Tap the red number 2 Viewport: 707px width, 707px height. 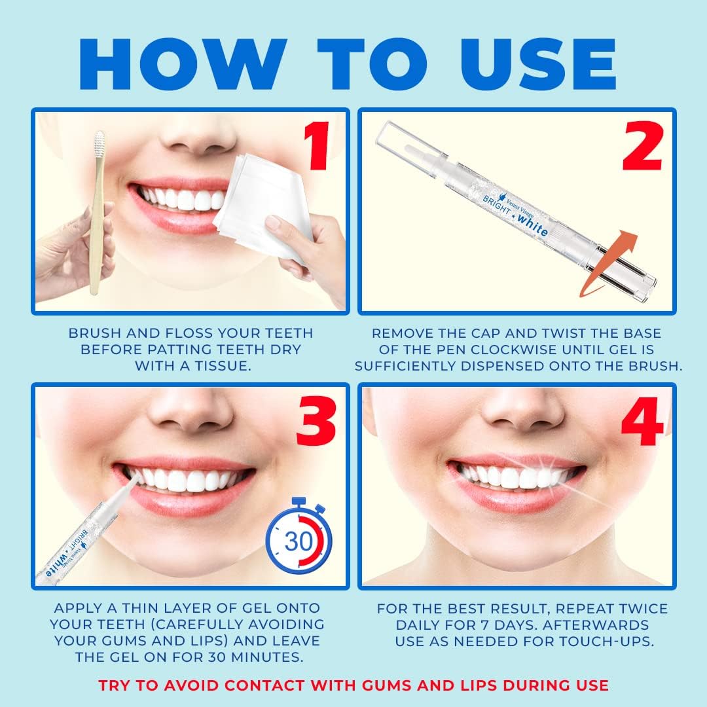click(640, 148)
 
